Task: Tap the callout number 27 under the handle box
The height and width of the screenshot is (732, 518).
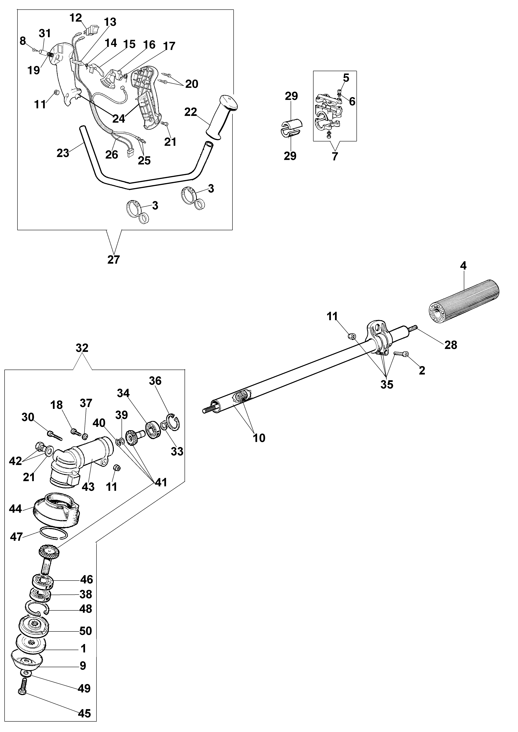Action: (x=114, y=260)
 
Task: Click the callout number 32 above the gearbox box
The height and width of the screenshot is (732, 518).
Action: (x=82, y=348)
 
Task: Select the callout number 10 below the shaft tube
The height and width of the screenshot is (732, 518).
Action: (x=259, y=438)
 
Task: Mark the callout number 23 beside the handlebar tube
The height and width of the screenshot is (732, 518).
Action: (x=63, y=153)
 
